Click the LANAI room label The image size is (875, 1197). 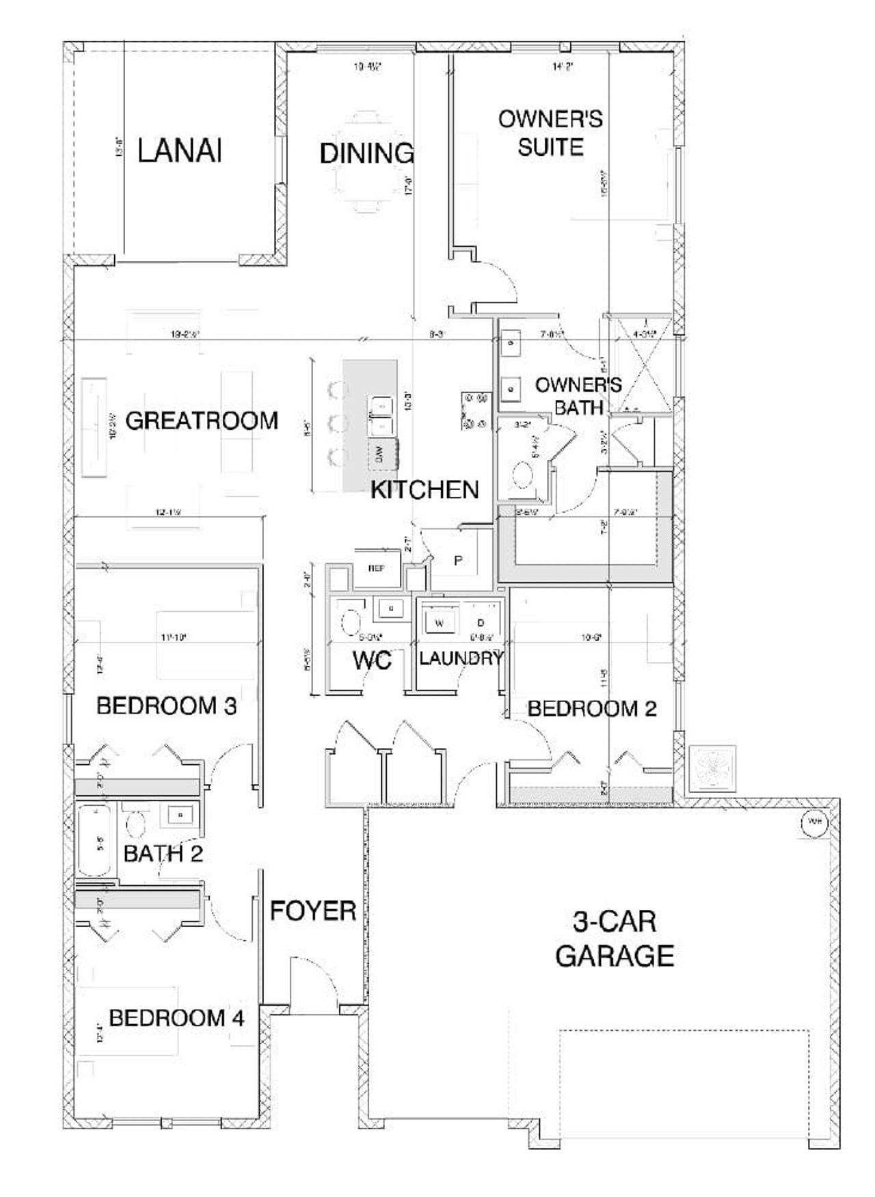coord(180,151)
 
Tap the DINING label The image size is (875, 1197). coord(366,153)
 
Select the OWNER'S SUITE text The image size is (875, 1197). coord(550,133)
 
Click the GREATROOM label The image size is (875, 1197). coord(202,420)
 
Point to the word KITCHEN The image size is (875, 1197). coord(425,489)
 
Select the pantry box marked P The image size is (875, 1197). coord(459,561)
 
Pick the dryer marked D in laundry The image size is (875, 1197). coord(481,623)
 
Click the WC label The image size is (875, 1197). coord(372,660)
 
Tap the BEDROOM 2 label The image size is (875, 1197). coord(592,708)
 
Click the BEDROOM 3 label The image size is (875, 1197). coord(167,705)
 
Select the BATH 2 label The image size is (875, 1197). coord(163,853)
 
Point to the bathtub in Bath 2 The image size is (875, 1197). coord(95,841)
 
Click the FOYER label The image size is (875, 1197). coord(313,911)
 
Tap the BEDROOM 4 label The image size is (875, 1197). coord(176,1019)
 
